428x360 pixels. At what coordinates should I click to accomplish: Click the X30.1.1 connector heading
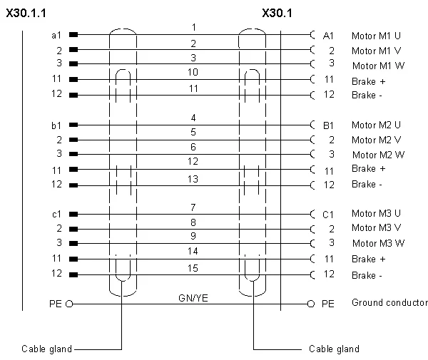[26, 13]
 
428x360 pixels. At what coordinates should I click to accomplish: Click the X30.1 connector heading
[277, 13]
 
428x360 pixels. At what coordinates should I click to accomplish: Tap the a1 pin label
[56, 35]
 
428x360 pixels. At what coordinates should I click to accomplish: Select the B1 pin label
[328, 125]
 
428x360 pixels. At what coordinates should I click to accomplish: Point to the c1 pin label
[56, 215]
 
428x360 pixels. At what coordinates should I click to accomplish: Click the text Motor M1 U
[376, 36]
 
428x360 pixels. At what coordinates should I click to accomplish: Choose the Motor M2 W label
[378, 155]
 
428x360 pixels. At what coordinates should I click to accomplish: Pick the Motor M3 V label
[376, 227]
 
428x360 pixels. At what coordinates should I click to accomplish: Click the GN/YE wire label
[193, 298]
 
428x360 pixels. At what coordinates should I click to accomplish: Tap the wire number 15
[193, 268]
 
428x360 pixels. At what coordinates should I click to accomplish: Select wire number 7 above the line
[193, 207]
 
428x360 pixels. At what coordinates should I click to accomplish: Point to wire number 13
[193, 179]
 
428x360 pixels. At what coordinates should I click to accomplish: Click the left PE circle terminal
[70, 304]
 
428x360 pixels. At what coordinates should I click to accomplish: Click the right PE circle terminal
[311, 304]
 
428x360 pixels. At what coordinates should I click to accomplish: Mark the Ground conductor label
[389, 302]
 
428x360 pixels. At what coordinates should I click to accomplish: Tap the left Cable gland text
[46, 349]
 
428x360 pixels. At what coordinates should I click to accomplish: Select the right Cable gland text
[334, 349]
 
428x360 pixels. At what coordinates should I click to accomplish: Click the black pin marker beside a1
[73, 35]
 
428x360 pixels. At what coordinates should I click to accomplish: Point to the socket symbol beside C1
[313, 215]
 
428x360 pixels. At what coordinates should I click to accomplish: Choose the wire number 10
[193, 72]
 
